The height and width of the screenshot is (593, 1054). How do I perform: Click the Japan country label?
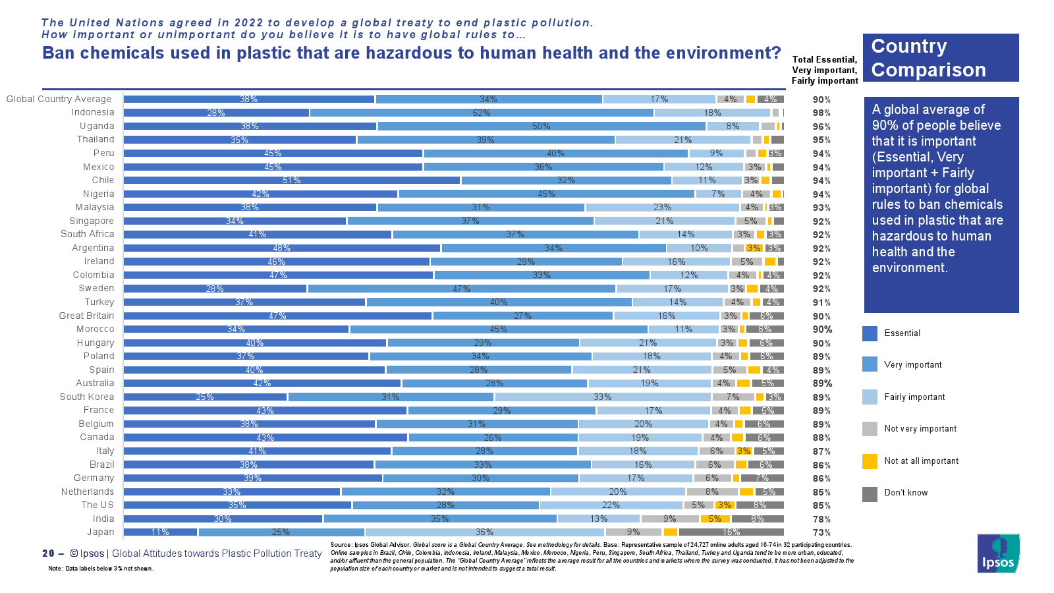[101, 532]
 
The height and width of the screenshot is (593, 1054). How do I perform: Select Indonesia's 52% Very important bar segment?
[482, 113]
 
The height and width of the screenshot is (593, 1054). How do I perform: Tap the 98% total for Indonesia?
[821, 113]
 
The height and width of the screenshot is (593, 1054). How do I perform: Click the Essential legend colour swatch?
[870, 333]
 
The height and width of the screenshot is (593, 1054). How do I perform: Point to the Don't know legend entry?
[906, 493]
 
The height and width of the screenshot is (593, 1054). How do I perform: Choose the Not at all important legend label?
[921, 461]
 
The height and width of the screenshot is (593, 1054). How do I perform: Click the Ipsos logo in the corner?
[998, 553]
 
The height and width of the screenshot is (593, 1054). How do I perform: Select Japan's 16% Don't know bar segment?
[731, 532]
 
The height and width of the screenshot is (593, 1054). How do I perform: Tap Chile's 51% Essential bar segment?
[292, 181]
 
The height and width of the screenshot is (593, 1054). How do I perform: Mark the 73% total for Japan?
[821, 533]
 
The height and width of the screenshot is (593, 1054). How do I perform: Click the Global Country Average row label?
[59, 99]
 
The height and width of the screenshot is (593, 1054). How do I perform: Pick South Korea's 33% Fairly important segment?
[602, 397]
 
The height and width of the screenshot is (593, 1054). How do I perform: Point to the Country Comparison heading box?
[940, 58]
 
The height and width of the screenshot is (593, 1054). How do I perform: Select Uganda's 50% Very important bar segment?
[541, 127]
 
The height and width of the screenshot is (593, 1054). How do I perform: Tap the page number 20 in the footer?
[48, 553]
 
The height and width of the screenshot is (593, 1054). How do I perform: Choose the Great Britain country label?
[86, 316]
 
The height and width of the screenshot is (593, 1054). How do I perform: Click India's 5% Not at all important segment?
[715, 519]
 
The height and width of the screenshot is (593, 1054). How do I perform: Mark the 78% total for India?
[821, 519]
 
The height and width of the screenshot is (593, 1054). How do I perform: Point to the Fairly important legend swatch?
[870, 397]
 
